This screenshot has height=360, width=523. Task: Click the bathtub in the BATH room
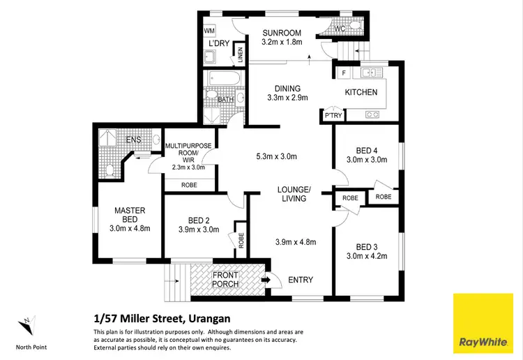click(223, 80)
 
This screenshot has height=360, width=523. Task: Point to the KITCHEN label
click(361, 92)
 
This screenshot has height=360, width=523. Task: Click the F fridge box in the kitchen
click(343, 73)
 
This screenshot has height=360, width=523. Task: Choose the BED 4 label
click(366, 149)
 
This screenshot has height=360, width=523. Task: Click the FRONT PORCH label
click(226, 279)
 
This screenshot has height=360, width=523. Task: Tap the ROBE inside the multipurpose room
click(188, 185)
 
